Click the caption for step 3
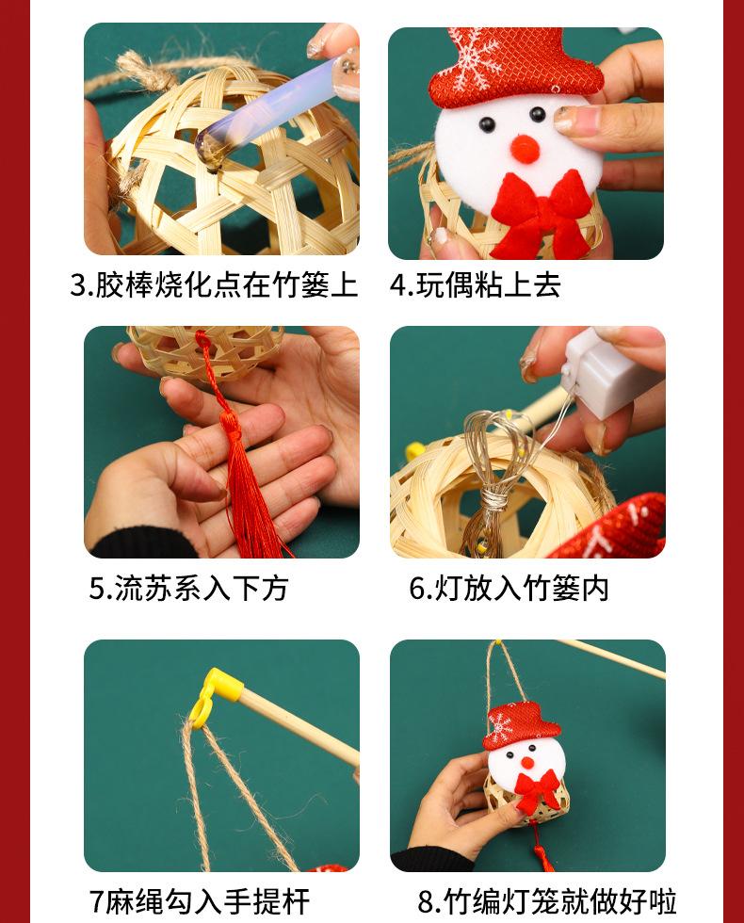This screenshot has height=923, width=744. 215,284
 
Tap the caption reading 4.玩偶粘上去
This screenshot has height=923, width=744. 475,284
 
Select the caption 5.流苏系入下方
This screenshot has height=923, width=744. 188,588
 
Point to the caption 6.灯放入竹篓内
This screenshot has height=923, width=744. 509,588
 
